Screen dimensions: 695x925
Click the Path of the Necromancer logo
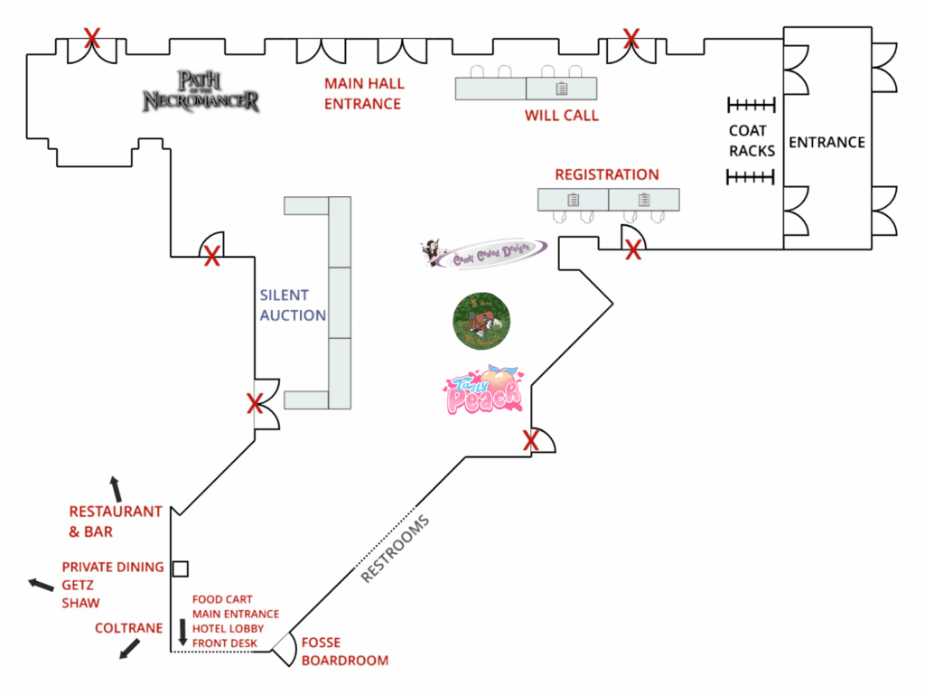click(201, 92)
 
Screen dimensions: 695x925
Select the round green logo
click(481, 319)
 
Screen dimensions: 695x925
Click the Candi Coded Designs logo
click(483, 252)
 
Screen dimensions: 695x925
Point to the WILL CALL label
click(561, 116)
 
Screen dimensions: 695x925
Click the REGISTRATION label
click(606, 174)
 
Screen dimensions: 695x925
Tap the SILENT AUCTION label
click(293, 305)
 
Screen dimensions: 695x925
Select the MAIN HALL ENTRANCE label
click(363, 94)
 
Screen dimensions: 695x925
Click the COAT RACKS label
click(752, 141)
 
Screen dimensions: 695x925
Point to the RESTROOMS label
click(395, 549)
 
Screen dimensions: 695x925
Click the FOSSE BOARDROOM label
click(344, 652)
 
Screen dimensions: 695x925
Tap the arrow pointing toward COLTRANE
click(132, 649)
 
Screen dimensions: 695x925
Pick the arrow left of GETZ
click(41, 586)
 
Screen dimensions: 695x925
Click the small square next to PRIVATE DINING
click(180, 568)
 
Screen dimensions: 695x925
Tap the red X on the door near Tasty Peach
click(531, 441)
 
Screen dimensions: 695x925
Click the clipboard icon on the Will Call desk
click(560, 89)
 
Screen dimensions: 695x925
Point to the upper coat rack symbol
click(752, 105)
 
